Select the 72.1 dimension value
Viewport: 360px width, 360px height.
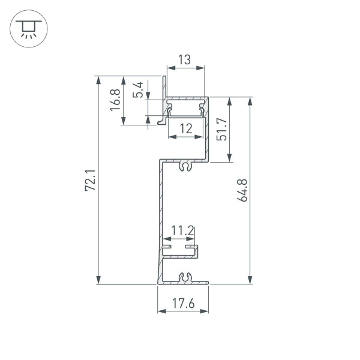click(x=90, y=180)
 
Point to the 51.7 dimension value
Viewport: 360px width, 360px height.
click(x=221, y=129)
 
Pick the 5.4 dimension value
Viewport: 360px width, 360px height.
click(x=139, y=90)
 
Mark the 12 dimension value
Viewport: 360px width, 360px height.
click(x=185, y=128)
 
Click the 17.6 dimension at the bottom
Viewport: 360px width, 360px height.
click(x=184, y=304)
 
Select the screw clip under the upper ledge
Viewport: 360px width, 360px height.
click(x=185, y=166)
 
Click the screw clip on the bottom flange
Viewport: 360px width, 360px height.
click(x=185, y=277)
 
